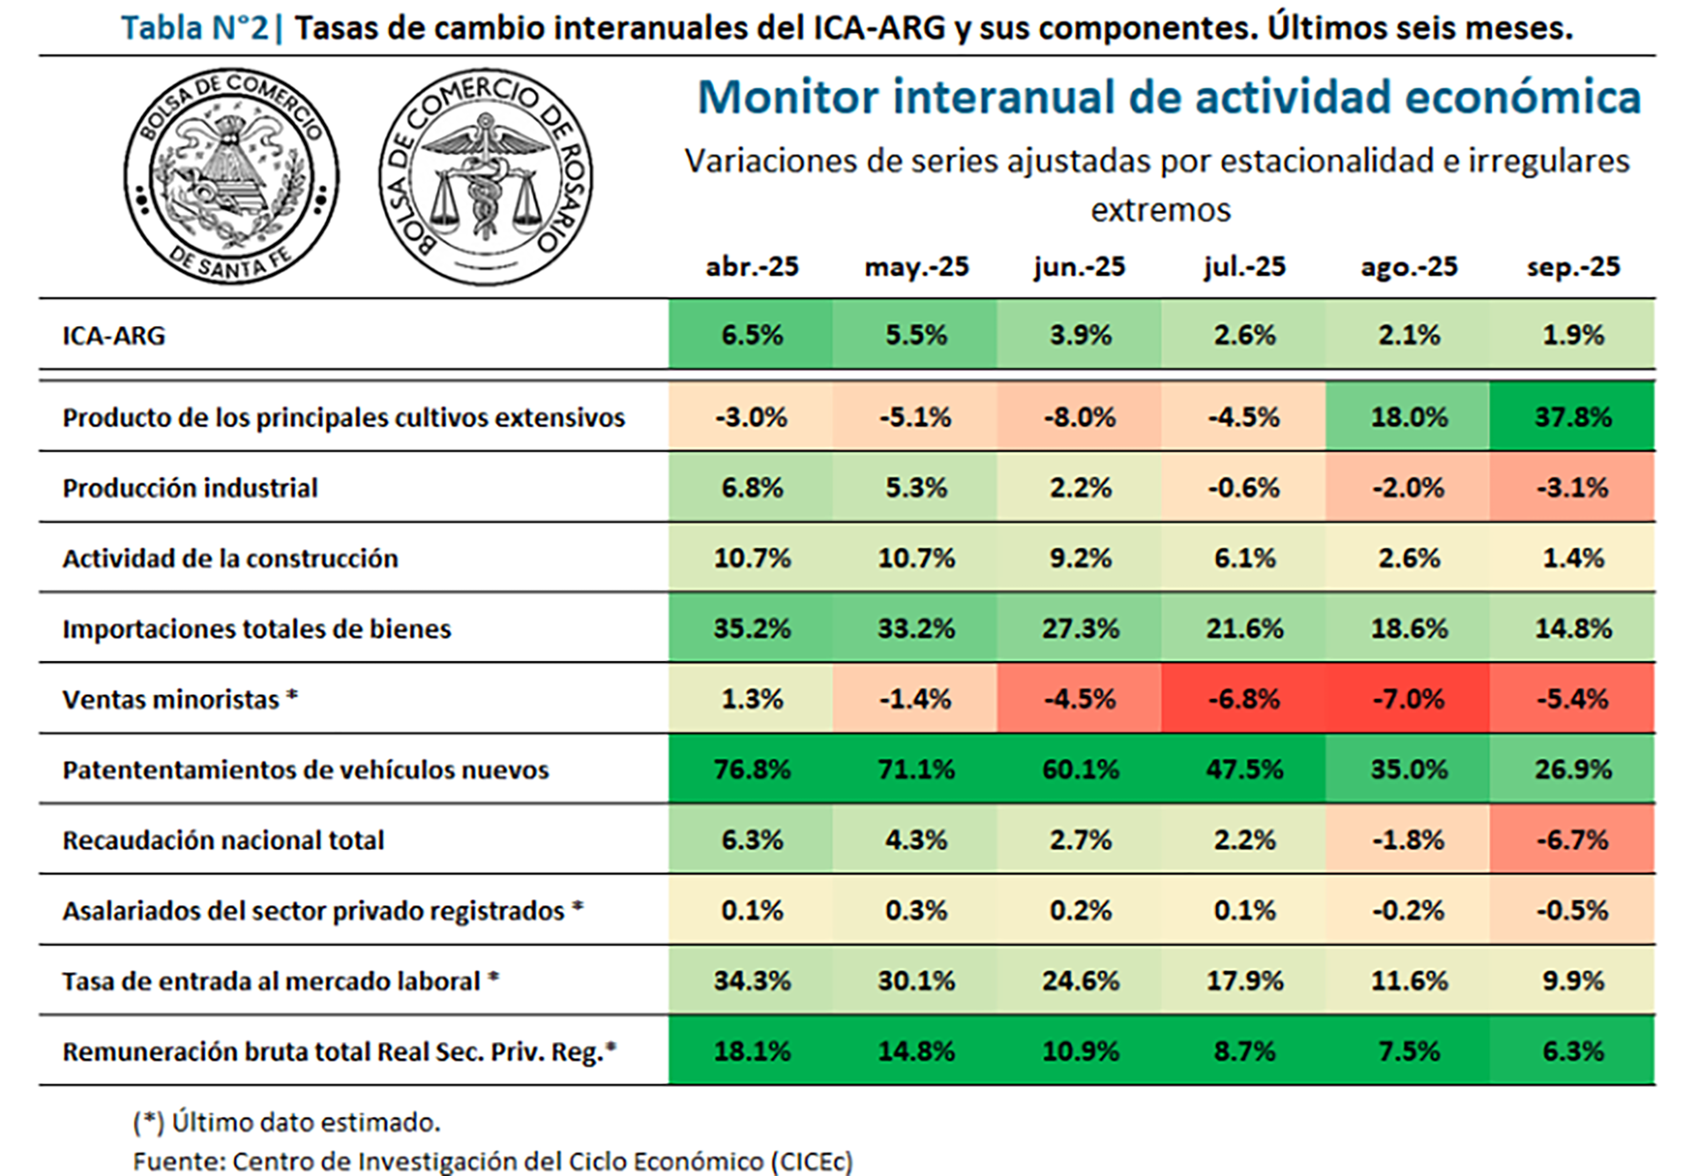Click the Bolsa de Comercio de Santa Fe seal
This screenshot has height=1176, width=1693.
point(231,176)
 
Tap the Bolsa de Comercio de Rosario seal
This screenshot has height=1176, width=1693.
point(486,177)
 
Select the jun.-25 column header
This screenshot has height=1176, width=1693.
point(1079,266)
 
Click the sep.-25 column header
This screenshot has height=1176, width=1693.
point(1573,266)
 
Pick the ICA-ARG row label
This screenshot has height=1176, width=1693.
point(114,335)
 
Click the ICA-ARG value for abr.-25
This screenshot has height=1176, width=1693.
point(751,335)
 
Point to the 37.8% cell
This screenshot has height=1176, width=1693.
point(1573,416)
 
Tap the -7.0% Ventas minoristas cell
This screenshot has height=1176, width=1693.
point(1408,699)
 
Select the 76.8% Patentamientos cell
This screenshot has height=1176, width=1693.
point(751,770)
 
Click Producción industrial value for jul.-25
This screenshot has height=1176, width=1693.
point(1243,488)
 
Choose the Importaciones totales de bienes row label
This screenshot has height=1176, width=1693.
point(256,629)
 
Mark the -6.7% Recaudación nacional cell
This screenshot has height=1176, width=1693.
point(1573,840)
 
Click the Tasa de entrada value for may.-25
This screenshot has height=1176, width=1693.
point(915,980)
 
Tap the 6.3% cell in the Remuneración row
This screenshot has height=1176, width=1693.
point(1573,1051)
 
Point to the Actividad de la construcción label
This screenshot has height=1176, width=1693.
point(229,558)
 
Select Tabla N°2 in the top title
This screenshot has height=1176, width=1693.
point(195,28)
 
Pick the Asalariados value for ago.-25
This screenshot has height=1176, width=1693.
point(1408,910)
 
